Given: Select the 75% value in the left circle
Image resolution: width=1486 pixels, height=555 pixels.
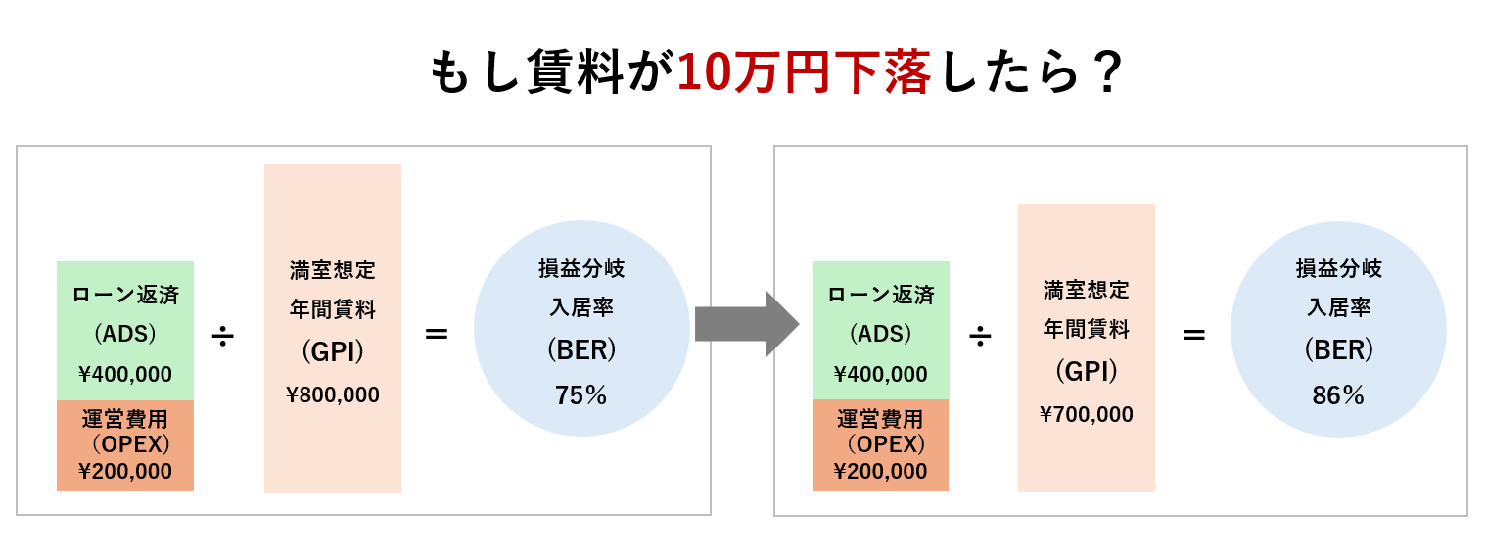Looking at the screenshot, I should [581, 395].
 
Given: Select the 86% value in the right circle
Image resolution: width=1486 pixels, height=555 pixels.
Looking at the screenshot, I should [1338, 395].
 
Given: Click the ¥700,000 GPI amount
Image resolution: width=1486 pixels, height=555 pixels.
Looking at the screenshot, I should [1087, 414].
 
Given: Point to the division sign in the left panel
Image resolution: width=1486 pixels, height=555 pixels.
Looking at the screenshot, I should [223, 336].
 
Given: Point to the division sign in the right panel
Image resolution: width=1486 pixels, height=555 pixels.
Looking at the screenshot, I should [980, 336].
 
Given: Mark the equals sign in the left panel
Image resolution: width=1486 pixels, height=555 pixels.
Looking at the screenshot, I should [437, 334].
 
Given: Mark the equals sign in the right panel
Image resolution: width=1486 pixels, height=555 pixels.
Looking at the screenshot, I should [1193, 334].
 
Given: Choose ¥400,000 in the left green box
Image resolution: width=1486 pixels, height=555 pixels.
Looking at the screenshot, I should [125, 374].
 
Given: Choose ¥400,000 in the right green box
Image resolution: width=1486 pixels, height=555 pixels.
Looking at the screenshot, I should [881, 374].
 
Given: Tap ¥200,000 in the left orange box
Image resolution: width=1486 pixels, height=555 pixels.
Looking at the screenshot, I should [125, 471].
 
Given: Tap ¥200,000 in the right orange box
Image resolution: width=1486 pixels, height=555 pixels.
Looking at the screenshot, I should [881, 471].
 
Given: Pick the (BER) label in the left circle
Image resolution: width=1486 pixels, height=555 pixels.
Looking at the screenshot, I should [581, 349].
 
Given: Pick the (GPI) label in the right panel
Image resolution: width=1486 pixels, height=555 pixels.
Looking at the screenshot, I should [1087, 371].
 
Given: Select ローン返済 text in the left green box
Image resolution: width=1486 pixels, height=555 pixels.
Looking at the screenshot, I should [125, 295].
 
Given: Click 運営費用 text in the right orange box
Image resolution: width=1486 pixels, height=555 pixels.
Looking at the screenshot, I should [881, 420].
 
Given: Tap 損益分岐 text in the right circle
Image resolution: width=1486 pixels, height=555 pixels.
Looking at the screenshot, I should [1338, 268].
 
